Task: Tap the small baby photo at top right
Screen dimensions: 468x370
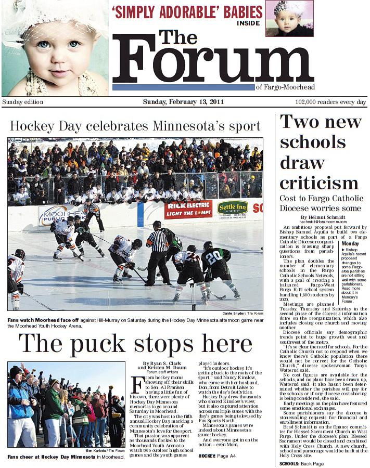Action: (289, 18)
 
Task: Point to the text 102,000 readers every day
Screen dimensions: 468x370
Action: (330, 102)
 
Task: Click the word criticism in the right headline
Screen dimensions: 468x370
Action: (319, 183)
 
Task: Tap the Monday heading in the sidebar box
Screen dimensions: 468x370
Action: (350, 243)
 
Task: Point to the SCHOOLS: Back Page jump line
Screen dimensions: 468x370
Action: (301, 463)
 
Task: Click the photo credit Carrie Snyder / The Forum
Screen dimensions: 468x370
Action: (242, 314)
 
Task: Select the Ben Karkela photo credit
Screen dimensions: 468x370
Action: (106, 450)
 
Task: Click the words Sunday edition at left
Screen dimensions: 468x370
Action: (23, 102)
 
